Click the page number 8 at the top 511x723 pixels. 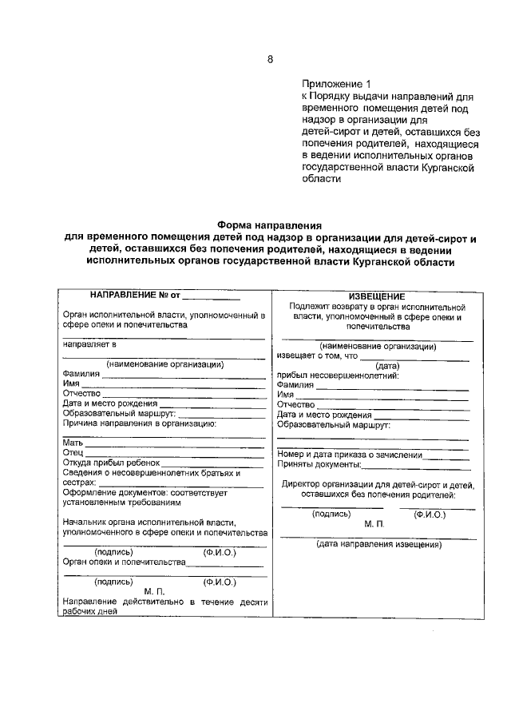(270, 59)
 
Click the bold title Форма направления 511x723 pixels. (269, 226)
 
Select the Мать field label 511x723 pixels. (73, 442)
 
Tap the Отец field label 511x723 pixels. (73, 452)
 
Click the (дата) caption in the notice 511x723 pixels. (378, 366)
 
